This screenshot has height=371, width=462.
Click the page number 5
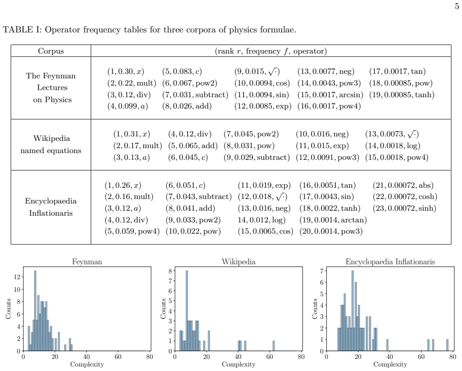pyautogui.click(x=457, y=6)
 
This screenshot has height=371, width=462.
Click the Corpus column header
pyautogui.click(x=51, y=51)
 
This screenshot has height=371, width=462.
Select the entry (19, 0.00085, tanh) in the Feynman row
pyautogui.click(x=402, y=95)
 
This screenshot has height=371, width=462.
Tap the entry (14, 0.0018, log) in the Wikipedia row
pyautogui.click(x=392, y=145)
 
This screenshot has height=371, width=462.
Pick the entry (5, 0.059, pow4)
pyautogui.click(x=132, y=231)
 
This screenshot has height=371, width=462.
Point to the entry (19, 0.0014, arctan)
pyautogui.click(x=333, y=220)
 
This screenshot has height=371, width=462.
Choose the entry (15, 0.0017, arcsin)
pyautogui.click(x=330, y=95)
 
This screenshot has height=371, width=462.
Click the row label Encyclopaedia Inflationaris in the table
pyautogui.click(x=51, y=207)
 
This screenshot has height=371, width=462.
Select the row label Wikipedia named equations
pyautogui.click(x=51, y=145)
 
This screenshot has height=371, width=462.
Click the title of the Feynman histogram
pyautogui.click(x=87, y=262)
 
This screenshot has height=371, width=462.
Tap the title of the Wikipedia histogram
pyautogui.click(x=239, y=262)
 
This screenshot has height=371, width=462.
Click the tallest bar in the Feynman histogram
pyautogui.click(x=36, y=311)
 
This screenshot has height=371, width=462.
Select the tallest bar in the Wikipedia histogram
pyautogui.click(x=187, y=311)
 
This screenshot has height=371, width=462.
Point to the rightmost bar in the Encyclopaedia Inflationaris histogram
pyautogui.click(x=447, y=345)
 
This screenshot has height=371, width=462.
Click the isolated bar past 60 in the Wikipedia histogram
pyautogui.click(x=273, y=346)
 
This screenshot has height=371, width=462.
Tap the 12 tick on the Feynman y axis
pyautogui.click(x=17, y=277)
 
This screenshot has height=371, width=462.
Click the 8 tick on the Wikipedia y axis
pyautogui.click(x=170, y=271)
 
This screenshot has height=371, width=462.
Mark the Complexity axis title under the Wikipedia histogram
pyautogui.click(x=239, y=365)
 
